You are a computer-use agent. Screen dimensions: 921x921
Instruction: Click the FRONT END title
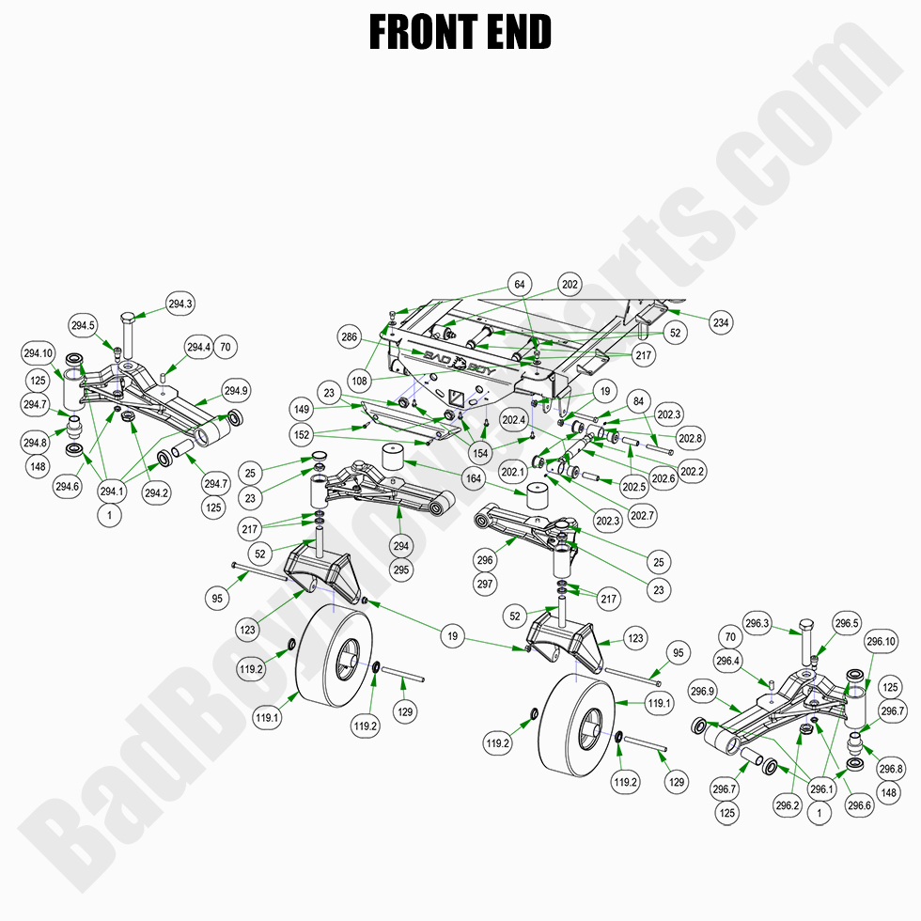(460, 32)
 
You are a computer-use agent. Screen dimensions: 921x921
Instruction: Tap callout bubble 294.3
(180, 304)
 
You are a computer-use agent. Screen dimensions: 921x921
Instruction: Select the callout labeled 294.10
(38, 353)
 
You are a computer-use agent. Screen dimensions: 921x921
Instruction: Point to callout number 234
(720, 322)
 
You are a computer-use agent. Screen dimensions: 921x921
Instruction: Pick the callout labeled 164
(473, 478)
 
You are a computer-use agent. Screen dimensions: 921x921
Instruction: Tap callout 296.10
(882, 642)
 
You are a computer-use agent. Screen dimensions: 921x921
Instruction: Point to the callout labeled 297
(485, 584)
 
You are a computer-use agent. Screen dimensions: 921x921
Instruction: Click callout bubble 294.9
(235, 390)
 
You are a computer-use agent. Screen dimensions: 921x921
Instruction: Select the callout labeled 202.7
(644, 515)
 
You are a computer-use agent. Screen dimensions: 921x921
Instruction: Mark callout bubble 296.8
(890, 769)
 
